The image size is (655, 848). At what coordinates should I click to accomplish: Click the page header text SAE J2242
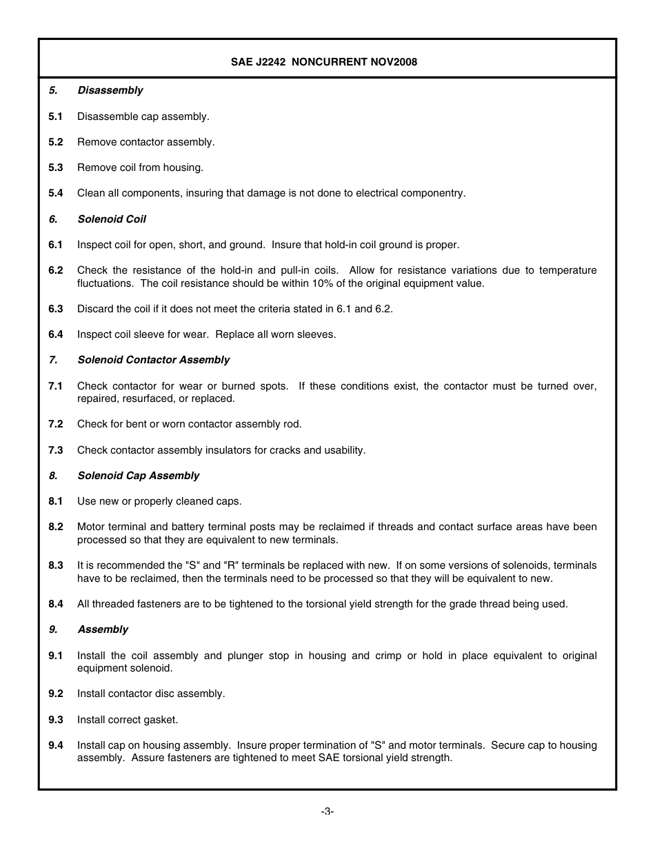tap(259, 62)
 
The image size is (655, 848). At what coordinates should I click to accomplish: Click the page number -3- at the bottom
tap(327, 811)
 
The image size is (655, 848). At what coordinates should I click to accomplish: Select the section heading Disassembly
tap(110, 90)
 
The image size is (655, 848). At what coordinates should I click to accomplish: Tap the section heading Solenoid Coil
tap(112, 219)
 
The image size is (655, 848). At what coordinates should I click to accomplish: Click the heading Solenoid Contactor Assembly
tap(154, 360)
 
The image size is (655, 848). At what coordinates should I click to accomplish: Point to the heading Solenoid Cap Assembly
tap(139, 476)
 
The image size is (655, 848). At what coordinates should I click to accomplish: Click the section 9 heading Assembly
tap(103, 629)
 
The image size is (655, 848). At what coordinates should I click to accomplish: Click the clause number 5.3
tap(56, 168)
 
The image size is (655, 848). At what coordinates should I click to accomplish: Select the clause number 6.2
tap(56, 270)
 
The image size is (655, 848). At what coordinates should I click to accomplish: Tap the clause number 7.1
tap(56, 386)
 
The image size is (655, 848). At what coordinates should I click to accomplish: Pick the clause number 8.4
tap(56, 604)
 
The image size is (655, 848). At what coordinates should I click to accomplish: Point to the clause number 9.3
tap(56, 720)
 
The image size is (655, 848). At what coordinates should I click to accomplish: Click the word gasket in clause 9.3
tap(161, 720)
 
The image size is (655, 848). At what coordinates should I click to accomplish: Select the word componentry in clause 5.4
tap(435, 193)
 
